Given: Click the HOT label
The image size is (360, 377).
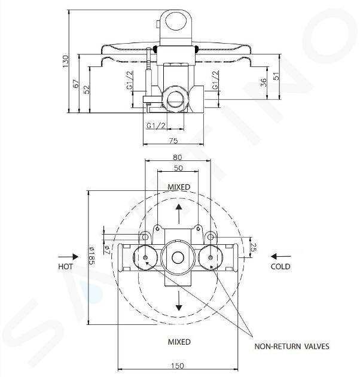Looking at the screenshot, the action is pyautogui.click(x=65, y=266).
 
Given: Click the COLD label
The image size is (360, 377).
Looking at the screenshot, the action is pyautogui.click(x=280, y=266).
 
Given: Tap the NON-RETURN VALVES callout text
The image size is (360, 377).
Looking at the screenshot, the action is pyautogui.click(x=292, y=346).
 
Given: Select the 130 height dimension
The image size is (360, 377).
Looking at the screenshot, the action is pyautogui.click(x=65, y=61).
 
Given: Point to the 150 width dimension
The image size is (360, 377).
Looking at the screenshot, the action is pyautogui.click(x=178, y=366).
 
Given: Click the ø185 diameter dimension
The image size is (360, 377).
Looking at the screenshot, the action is pyautogui.click(x=92, y=256).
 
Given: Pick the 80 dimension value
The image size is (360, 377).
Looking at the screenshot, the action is pyautogui.click(x=178, y=157).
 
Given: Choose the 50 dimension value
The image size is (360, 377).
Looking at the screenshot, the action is pyautogui.click(x=178, y=168).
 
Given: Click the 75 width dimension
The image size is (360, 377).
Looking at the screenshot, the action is pyautogui.click(x=173, y=141).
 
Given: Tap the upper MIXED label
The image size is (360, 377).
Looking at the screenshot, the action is pyautogui.click(x=179, y=187).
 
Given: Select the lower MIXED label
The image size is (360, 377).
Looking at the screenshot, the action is pyautogui.click(x=179, y=342).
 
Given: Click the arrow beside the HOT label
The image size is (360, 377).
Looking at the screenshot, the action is pyautogui.click(x=68, y=257).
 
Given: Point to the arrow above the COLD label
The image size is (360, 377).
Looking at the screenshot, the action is pyautogui.click(x=281, y=257).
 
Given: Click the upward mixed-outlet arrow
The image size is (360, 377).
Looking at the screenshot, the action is pyautogui.click(x=179, y=214).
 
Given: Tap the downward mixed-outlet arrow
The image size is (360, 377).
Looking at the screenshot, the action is pyautogui.click(x=179, y=300).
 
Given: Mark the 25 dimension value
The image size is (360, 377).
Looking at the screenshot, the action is pyautogui.click(x=254, y=247).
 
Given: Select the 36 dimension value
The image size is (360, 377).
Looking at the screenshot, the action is pyautogui.click(x=264, y=83).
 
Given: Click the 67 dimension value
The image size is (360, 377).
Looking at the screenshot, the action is pyautogui.click(x=76, y=84).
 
